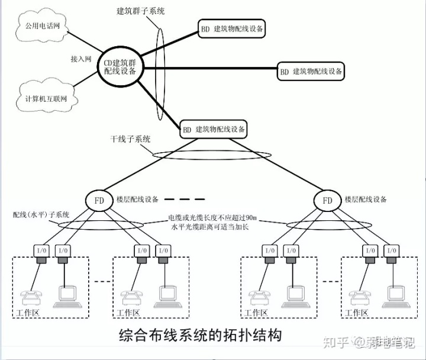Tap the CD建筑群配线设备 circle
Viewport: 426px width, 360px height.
click(120, 66)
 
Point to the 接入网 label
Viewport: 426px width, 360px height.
click(80, 60)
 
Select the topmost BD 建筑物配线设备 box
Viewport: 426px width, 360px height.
click(233, 28)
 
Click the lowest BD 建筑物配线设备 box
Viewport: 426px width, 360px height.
click(214, 128)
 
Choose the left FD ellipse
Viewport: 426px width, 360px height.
click(99, 200)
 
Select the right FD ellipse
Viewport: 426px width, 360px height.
click(327, 200)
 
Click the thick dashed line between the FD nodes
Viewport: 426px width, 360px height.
click(183, 199)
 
